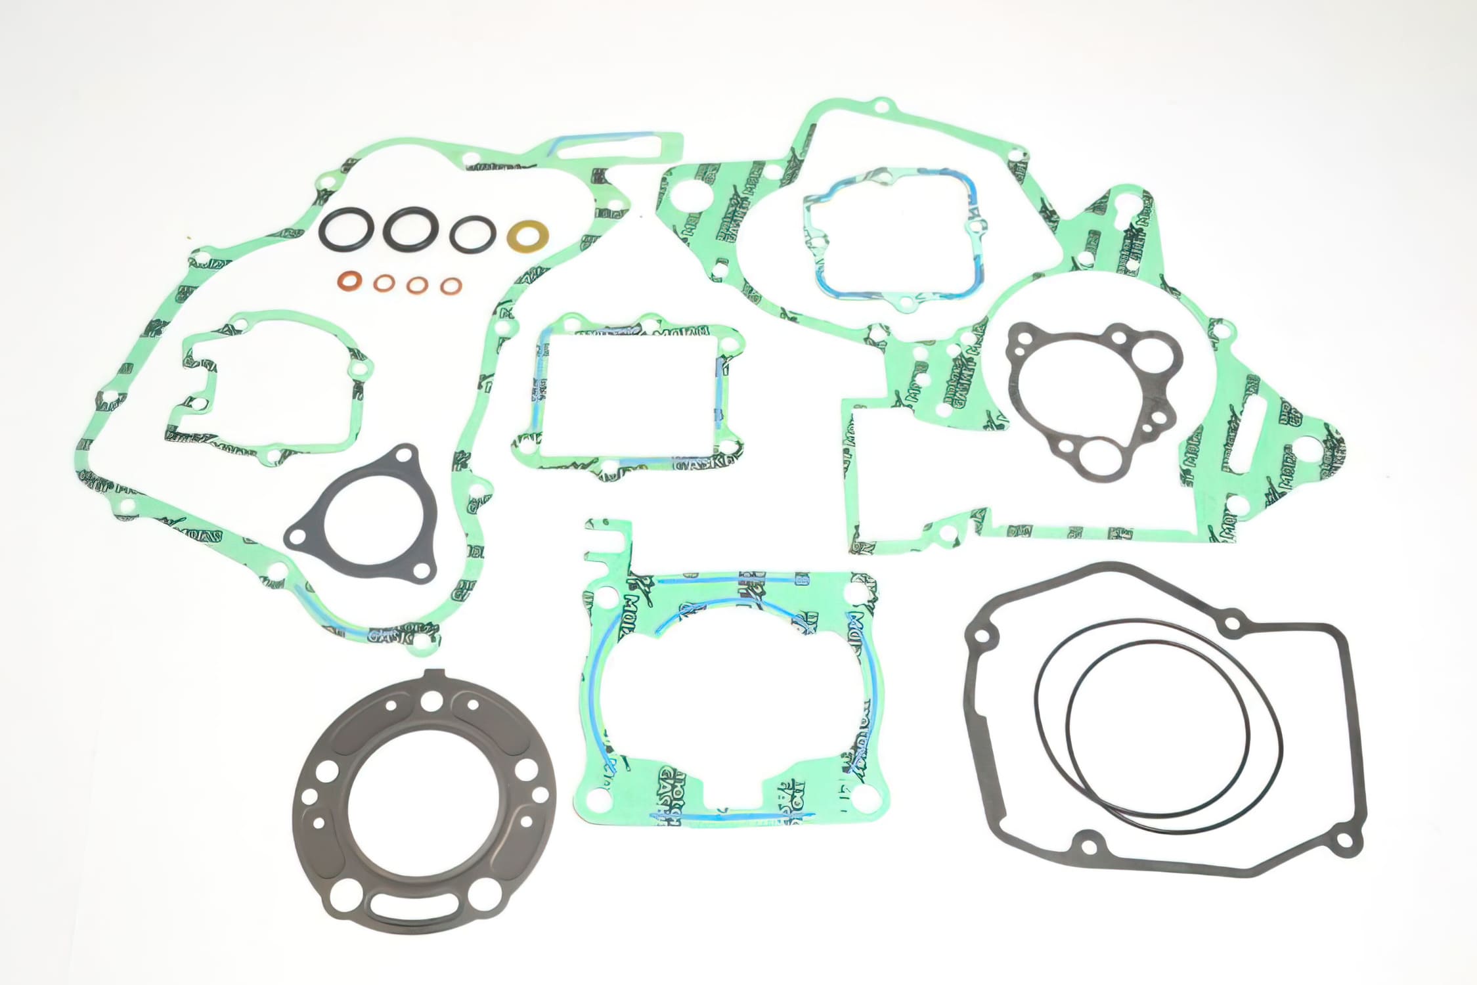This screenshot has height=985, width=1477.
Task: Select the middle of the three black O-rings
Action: tap(407, 229)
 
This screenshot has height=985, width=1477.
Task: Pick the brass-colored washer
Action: tap(529, 234)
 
